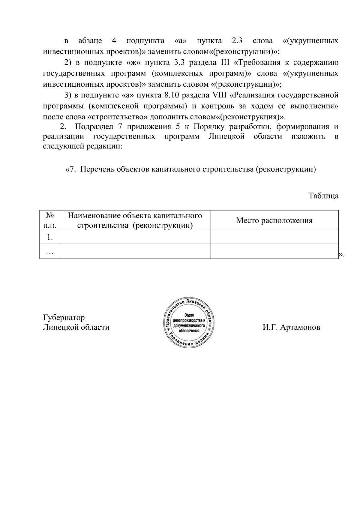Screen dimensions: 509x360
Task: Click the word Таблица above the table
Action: (x=323, y=196)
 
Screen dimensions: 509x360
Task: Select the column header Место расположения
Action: (x=274, y=221)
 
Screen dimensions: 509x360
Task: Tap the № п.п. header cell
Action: (x=50, y=220)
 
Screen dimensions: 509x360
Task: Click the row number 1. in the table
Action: (x=50, y=237)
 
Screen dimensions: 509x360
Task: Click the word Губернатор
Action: (x=64, y=317)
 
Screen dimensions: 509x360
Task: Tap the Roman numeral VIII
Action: (x=219, y=95)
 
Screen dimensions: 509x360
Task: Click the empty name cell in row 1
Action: (x=135, y=237)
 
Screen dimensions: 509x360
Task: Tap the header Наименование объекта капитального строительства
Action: (x=135, y=220)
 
